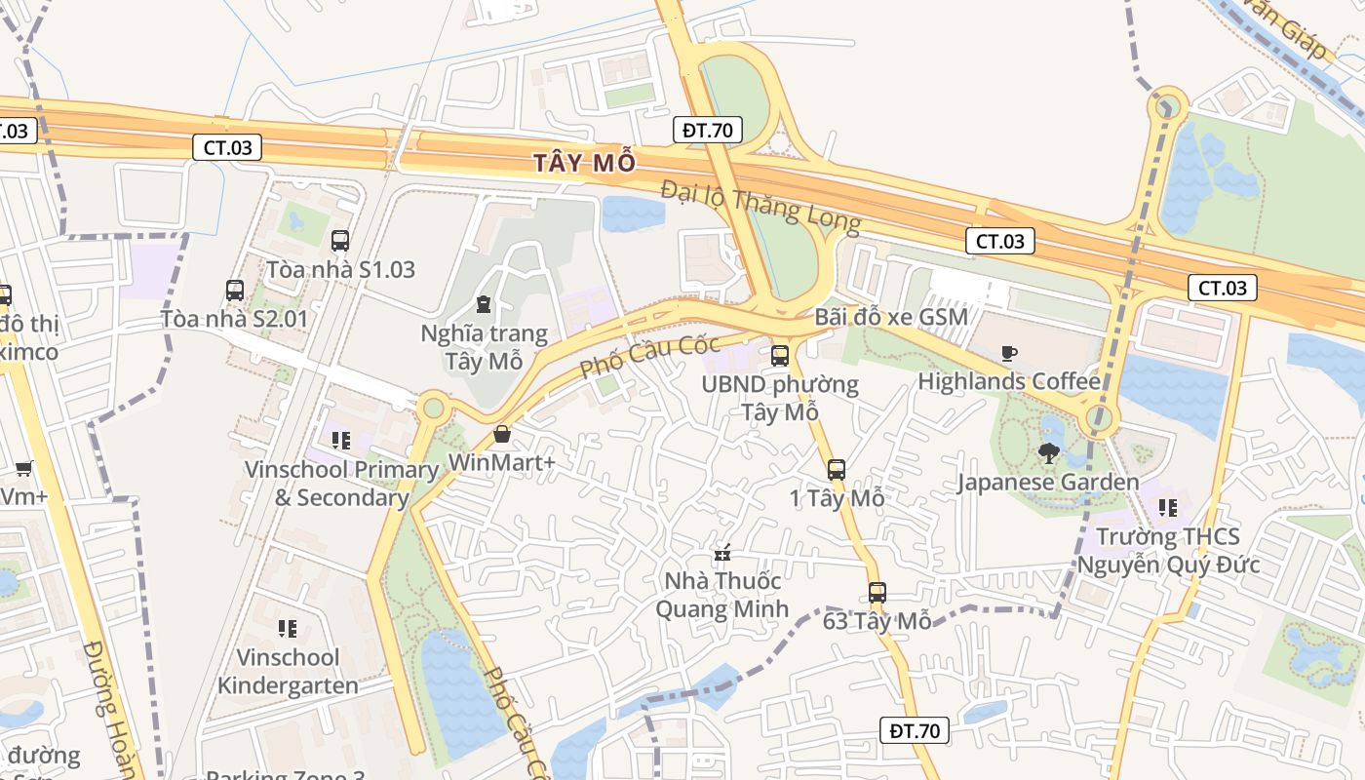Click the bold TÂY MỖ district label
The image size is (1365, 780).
click(584, 162)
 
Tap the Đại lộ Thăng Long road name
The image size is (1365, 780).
click(760, 206)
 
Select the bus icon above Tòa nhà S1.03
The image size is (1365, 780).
click(340, 241)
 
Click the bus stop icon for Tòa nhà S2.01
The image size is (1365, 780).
click(235, 290)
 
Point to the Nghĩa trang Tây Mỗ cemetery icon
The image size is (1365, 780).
click(484, 305)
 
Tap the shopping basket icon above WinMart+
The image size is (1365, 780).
click(502, 434)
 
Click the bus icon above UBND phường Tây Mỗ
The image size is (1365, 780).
click(780, 356)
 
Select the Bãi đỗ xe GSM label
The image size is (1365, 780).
click(891, 317)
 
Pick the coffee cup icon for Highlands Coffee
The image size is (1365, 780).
click(1009, 353)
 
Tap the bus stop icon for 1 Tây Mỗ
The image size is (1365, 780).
click(837, 470)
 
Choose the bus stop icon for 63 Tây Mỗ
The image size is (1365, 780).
click(877, 592)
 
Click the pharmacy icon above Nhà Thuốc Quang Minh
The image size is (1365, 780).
click(722, 554)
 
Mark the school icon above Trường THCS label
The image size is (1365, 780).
click(1168, 508)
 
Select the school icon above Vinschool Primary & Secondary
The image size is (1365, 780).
click(340, 441)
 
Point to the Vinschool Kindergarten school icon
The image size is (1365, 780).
click(287, 629)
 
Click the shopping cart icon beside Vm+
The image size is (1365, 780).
click(24, 468)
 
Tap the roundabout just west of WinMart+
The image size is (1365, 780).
click(433, 407)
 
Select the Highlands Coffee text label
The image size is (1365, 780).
click(1009, 381)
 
